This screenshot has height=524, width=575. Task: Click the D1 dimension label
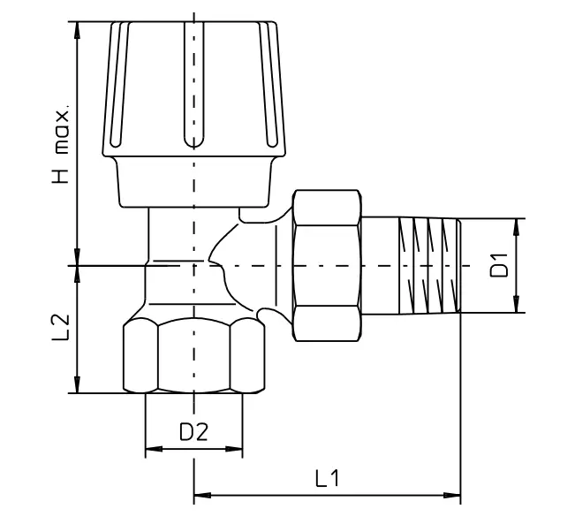pos(499,265)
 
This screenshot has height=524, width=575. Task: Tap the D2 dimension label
pos(193,431)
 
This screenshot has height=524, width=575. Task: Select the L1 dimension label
pos(328,478)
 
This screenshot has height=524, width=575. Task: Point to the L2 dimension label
pos(61,327)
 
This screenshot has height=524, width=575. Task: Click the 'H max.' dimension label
pos(61,145)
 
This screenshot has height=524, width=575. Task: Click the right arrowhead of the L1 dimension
pos(451,496)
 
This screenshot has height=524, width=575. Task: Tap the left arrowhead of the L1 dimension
pos(202,496)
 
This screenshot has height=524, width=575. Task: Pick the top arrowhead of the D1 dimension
pos(517,227)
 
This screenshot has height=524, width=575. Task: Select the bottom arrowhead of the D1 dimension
pos(517,304)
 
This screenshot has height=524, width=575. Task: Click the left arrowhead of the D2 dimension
pos(154,449)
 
